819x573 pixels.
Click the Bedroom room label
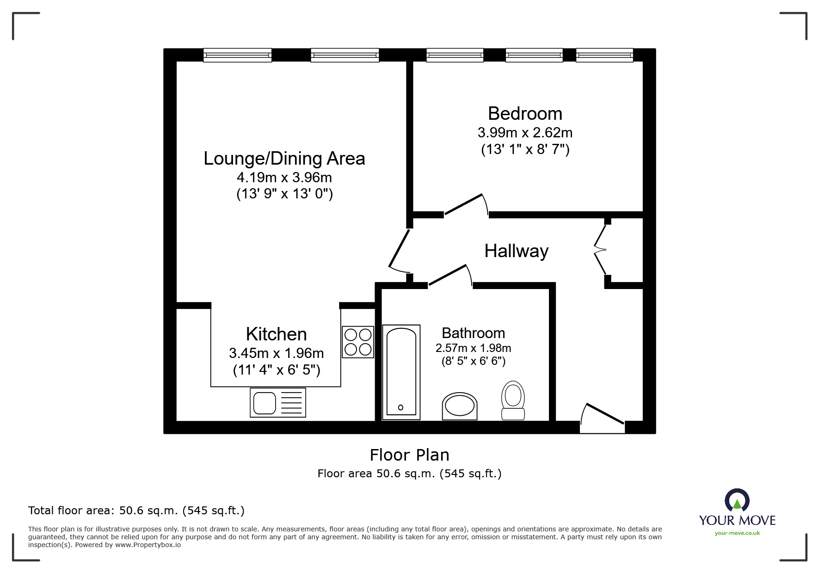[x=525, y=114]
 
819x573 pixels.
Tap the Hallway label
[x=516, y=251]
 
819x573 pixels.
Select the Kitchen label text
[x=276, y=334]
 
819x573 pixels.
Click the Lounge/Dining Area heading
[x=284, y=159]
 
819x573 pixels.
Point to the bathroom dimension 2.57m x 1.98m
[x=473, y=348]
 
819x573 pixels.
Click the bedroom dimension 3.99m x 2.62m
[x=525, y=133]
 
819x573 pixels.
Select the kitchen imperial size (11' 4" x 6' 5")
[x=276, y=370]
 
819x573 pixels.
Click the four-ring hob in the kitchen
[x=358, y=342]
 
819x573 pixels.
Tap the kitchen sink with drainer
[x=277, y=402]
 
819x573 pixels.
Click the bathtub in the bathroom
[x=401, y=372]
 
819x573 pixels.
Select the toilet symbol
[x=513, y=400]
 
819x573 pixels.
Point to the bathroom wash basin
[x=459, y=407]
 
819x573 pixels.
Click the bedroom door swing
[x=465, y=205]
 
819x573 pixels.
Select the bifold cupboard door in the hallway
[x=600, y=250]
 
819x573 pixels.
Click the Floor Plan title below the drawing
[x=409, y=455]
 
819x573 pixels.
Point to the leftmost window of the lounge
[x=237, y=55]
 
